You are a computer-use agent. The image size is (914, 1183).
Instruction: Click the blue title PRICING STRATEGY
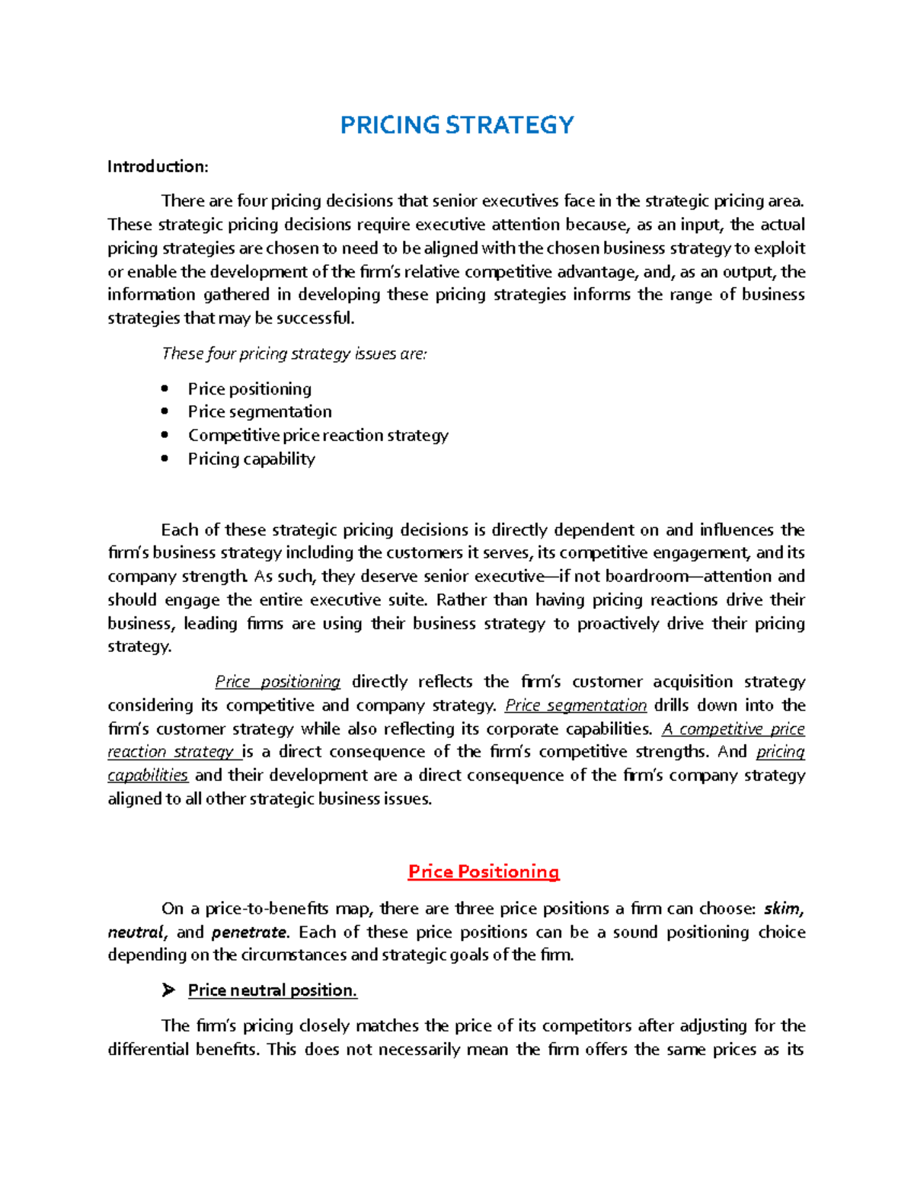[x=456, y=125]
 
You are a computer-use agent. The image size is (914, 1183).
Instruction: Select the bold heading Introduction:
[x=157, y=166]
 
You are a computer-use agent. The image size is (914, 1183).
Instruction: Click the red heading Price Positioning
[x=484, y=871]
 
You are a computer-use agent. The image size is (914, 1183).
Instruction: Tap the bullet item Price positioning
[x=249, y=388]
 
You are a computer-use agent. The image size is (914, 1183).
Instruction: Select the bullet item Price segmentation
[x=259, y=411]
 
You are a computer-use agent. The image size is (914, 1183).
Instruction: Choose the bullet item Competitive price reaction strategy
[x=318, y=435]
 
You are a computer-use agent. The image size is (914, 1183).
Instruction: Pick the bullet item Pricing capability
[x=251, y=459]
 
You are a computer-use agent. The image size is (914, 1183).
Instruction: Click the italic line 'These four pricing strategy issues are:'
[x=294, y=353]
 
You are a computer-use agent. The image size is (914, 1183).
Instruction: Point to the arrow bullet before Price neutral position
[x=168, y=990]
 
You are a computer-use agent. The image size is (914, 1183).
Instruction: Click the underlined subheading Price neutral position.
[x=272, y=990]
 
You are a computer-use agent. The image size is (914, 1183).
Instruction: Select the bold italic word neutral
[x=135, y=932]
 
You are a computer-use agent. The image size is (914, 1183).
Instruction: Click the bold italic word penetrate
[x=249, y=932]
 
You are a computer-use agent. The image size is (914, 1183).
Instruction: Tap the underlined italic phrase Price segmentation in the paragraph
[x=576, y=705]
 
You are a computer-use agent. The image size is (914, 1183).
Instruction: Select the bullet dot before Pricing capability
[x=165, y=459]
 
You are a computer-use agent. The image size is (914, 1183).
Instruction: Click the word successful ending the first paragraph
[x=315, y=318]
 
